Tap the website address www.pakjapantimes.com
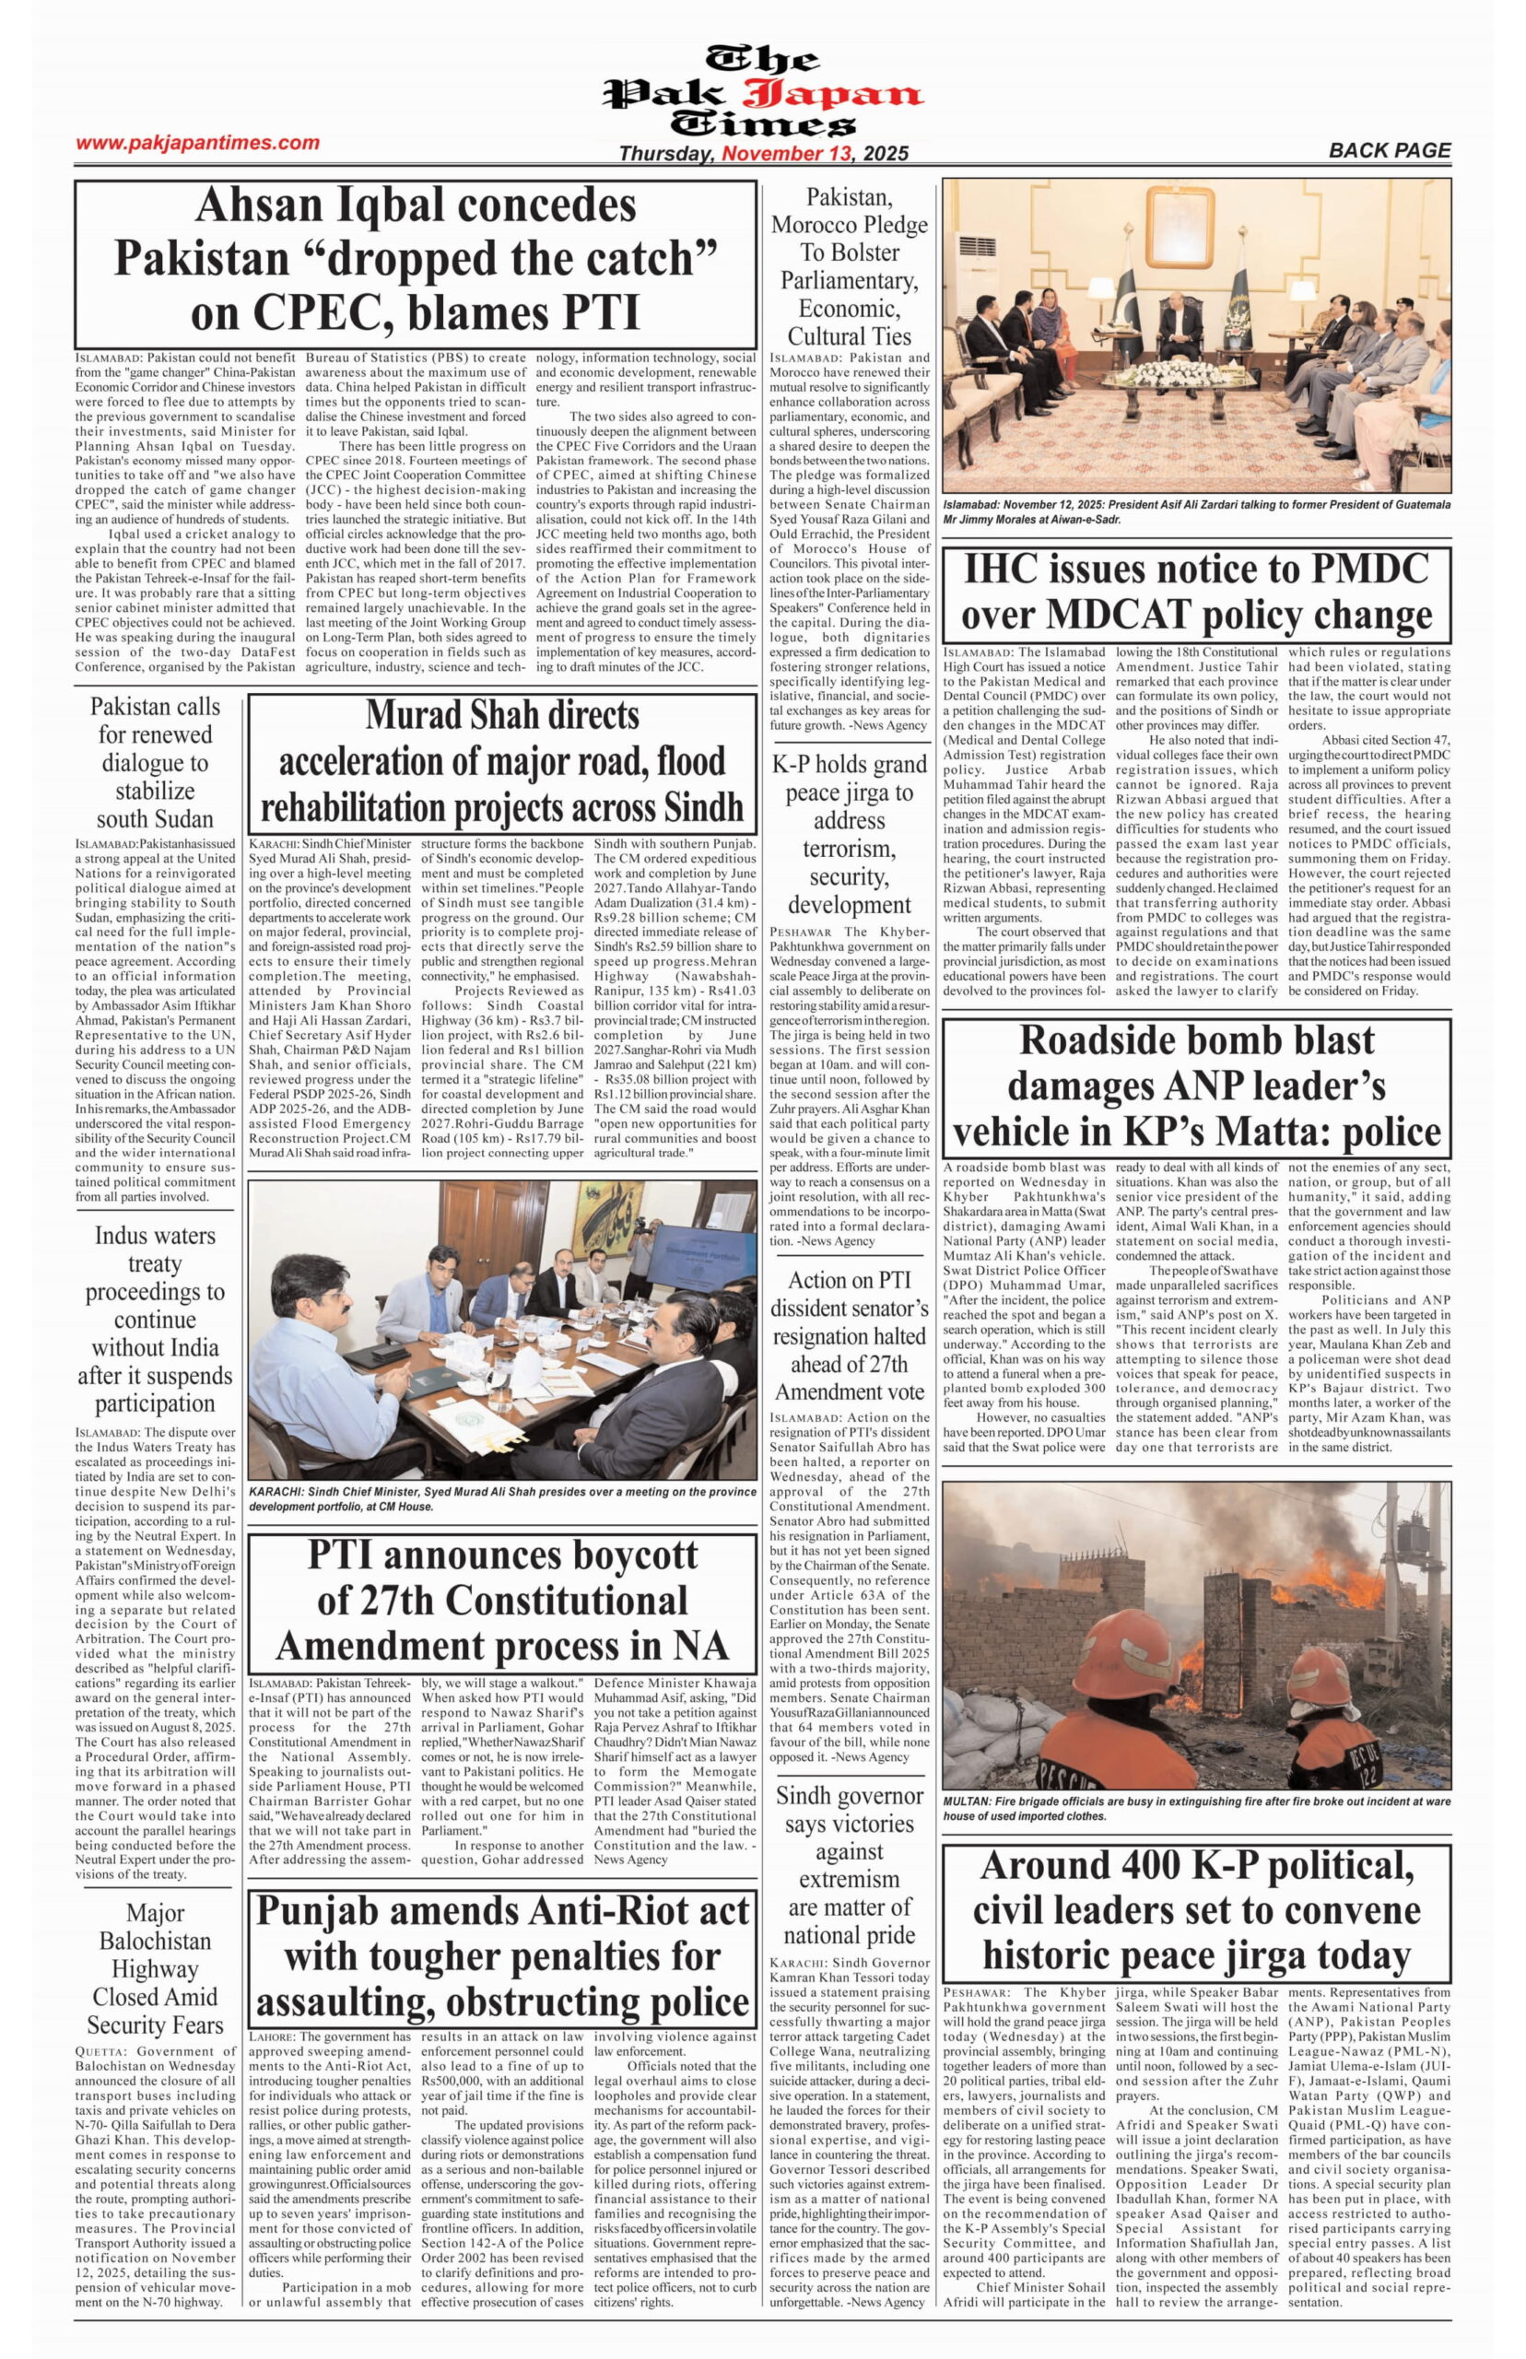coord(197,143)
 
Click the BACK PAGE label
coord(1390,150)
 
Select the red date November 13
coord(788,154)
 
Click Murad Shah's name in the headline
coord(501,715)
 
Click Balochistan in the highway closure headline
coord(155,1941)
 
